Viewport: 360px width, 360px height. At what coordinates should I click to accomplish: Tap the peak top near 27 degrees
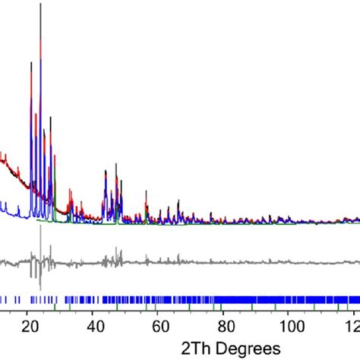pos(50,118)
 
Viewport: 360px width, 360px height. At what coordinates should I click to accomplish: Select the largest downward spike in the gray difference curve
pos(39,289)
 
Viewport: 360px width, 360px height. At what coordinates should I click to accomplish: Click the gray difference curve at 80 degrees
pos(226,263)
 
